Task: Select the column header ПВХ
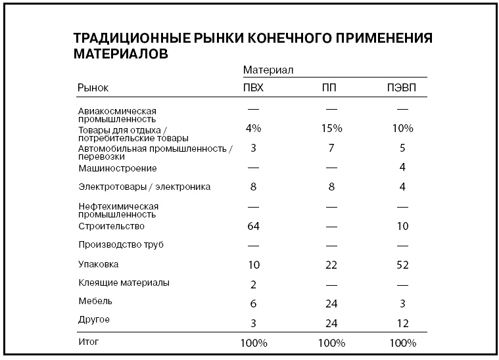pos(253,87)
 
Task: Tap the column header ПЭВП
pos(402,87)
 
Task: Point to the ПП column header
pos(330,87)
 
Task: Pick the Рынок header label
pos(93,87)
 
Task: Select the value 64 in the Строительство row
pos(253,226)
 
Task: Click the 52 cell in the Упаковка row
pos(402,265)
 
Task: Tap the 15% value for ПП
pos(331,128)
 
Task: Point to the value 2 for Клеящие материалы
pos(253,284)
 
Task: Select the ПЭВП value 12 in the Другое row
pos(402,323)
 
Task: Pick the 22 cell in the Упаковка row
pos(331,265)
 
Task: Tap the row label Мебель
pos(95,302)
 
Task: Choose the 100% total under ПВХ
pos(253,343)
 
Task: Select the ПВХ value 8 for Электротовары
pos(253,187)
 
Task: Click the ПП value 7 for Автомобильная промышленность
pos(331,148)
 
